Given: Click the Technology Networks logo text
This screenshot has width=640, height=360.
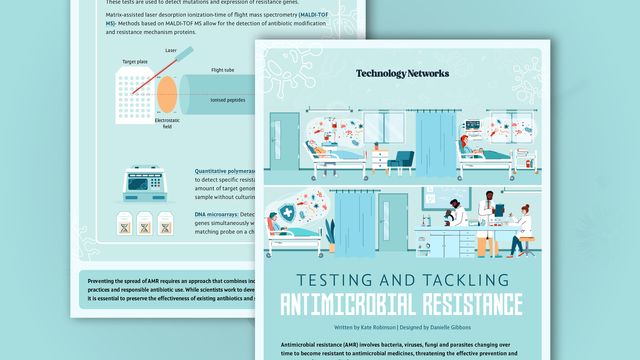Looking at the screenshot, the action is [x=402, y=73].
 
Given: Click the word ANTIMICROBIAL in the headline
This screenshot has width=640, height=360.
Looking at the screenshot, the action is [x=354, y=303].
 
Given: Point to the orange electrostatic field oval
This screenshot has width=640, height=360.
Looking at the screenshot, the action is [x=166, y=92].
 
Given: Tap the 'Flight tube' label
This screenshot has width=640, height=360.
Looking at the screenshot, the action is [x=223, y=70].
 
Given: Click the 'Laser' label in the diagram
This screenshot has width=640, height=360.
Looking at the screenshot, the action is [x=171, y=49].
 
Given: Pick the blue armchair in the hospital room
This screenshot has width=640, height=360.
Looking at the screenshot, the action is [x=402, y=159].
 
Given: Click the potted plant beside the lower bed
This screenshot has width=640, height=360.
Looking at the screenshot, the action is [x=330, y=236].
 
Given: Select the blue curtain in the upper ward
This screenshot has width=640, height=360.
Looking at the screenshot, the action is [x=436, y=140].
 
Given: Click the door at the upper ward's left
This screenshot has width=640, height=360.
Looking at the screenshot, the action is [x=285, y=141].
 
